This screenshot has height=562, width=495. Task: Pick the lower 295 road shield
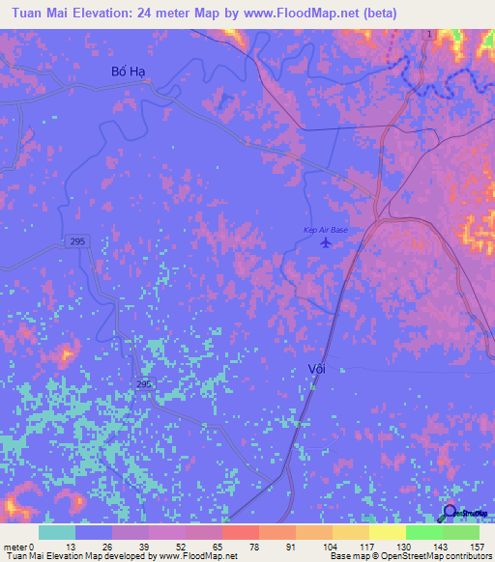(x=142, y=384)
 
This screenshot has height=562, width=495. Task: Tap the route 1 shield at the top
(x=427, y=35)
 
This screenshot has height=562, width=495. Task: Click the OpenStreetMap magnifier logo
(x=450, y=512)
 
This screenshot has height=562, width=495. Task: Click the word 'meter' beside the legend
(x=16, y=546)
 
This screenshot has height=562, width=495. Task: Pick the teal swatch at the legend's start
(x=57, y=531)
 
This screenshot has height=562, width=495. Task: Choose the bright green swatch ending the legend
(x=460, y=531)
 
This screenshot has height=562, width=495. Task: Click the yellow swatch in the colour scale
(x=387, y=531)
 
